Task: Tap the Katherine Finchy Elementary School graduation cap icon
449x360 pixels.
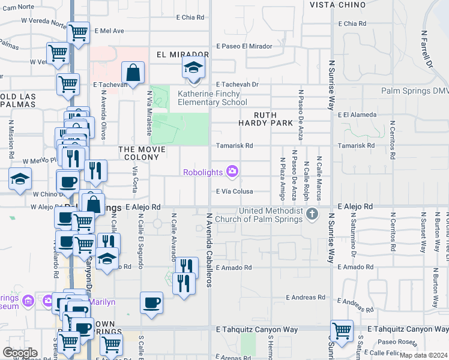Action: point(194,67)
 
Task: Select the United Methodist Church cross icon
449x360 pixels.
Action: point(312,214)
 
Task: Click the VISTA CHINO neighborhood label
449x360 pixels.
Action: point(337,5)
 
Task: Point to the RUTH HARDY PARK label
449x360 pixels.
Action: point(273,119)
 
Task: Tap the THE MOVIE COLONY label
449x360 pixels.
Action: point(139,153)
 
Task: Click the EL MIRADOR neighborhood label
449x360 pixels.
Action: point(178,55)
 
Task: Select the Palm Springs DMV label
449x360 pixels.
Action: point(414,91)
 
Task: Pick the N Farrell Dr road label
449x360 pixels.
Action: point(427,48)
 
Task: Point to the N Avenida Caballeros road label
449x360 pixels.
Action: point(209,249)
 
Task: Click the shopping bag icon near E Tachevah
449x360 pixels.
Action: point(133,73)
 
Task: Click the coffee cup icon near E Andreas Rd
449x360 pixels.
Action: point(152,302)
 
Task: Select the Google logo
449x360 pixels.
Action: point(20,353)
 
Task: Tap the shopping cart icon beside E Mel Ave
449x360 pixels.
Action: point(79,33)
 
